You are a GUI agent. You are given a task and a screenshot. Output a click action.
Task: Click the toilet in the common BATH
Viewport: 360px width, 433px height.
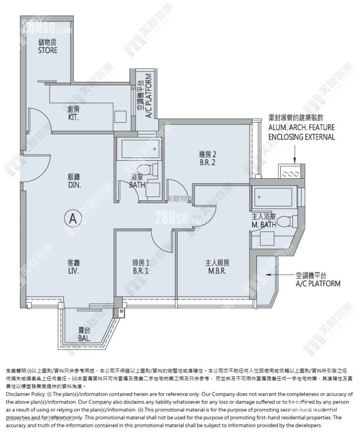[144, 170]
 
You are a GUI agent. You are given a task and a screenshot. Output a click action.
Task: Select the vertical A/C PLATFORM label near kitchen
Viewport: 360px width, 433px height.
[144, 99]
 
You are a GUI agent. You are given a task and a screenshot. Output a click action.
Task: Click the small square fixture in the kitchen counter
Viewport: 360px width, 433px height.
[120, 116]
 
